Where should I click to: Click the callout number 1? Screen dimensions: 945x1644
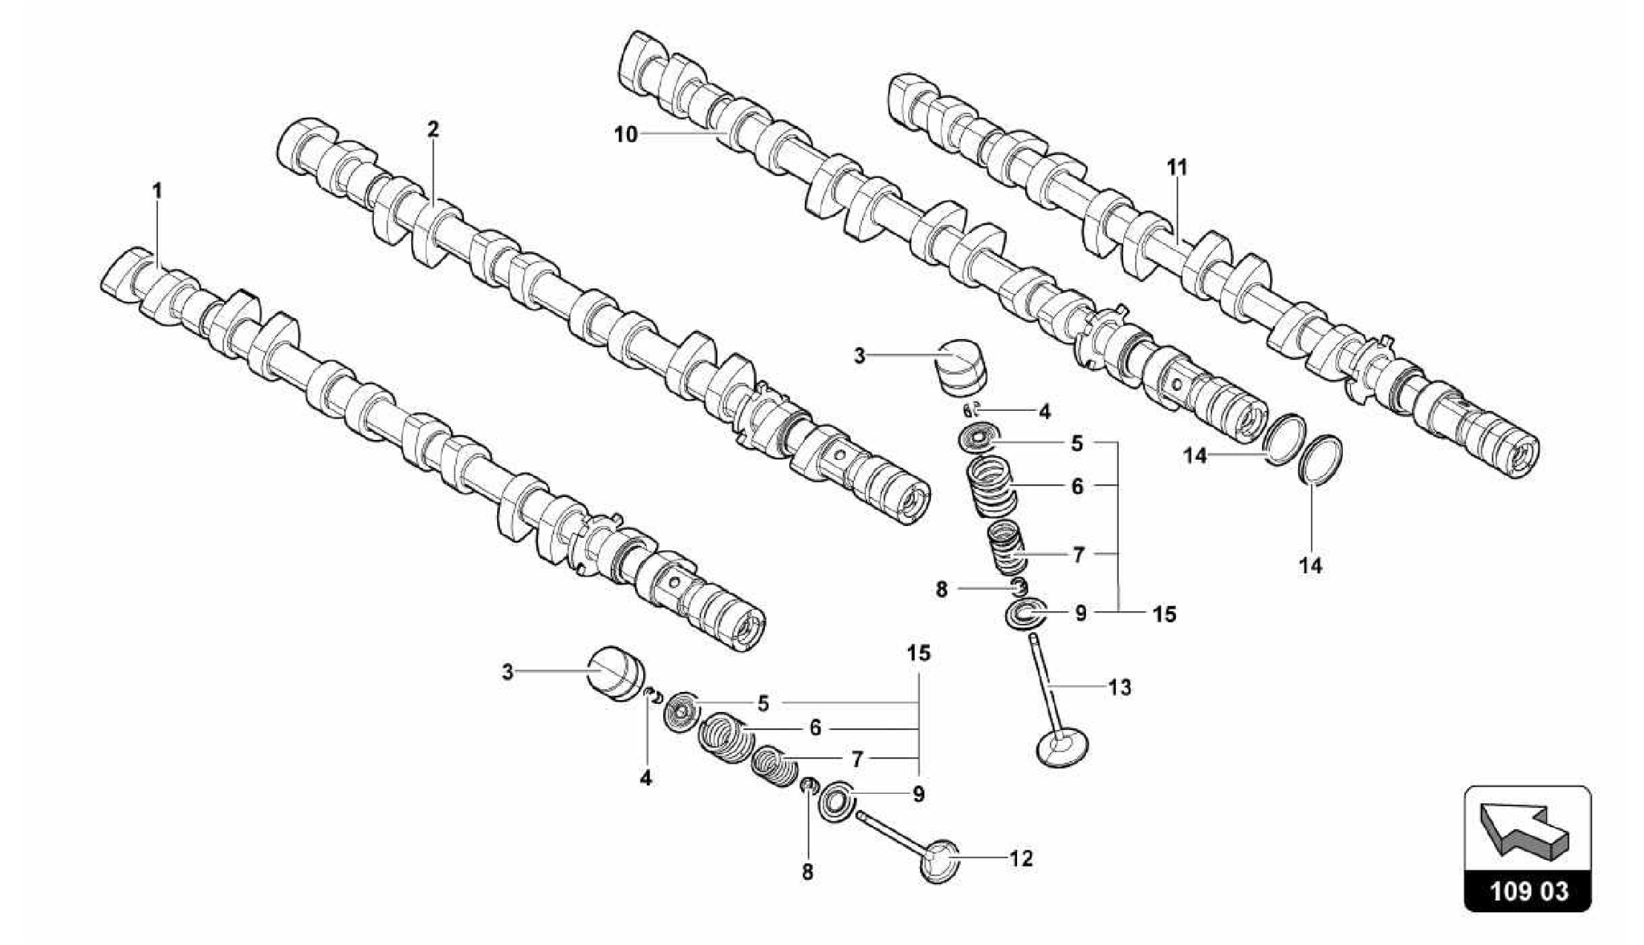(157, 191)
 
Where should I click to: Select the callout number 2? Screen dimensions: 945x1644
(433, 129)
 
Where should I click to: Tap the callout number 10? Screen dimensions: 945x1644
(625, 135)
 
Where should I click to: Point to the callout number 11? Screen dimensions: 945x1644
(1177, 168)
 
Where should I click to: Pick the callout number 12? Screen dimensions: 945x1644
(1020, 859)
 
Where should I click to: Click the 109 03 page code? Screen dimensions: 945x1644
(1528, 892)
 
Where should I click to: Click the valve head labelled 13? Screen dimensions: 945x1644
(1063, 748)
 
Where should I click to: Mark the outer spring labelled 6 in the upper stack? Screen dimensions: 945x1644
(991, 486)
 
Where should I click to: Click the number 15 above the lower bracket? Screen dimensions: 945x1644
(919, 654)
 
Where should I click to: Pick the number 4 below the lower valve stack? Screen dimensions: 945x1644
(645, 778)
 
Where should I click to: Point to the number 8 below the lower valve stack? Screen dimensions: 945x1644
(808, 872)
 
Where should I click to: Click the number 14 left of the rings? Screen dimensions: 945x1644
(1195, 456)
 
